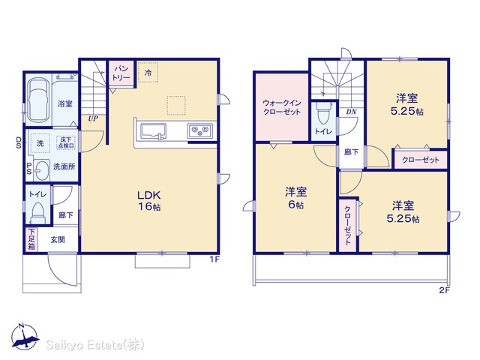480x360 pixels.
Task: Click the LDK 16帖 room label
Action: (148, 201)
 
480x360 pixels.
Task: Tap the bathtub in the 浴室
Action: (38, 100)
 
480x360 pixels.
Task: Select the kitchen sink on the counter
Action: (153, 132)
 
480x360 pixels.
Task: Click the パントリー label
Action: (121, 73)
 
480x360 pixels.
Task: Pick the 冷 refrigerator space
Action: (148, 73)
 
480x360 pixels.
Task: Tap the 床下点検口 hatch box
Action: (66, 142)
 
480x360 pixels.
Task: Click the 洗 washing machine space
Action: (40, 143)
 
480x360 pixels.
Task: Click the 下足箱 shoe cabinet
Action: (31, 239)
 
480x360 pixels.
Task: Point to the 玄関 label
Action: (58, 239)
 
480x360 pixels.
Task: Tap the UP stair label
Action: (93, 118)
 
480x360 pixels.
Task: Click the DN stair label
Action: (351, 112)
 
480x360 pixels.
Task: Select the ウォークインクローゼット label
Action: (282, 107)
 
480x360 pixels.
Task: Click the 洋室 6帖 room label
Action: (295, 198)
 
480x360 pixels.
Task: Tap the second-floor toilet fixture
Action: (323, 114)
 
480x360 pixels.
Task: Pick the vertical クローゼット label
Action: (348, 225)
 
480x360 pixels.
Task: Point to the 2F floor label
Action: (445, 290)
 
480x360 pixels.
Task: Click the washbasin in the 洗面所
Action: (40, 170)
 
